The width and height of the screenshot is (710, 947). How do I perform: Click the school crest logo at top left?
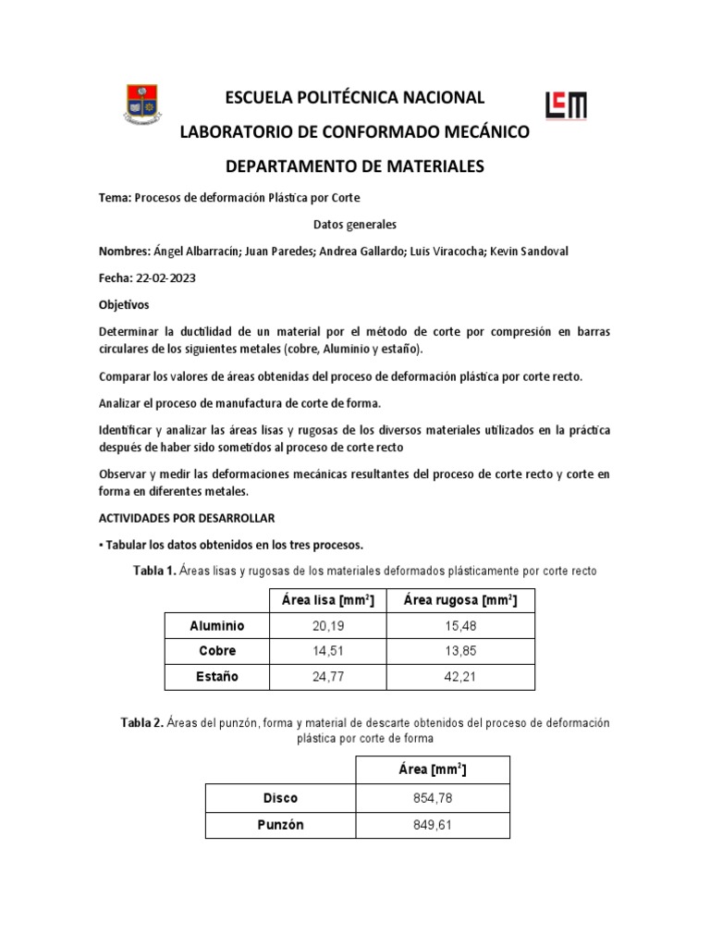coord(141,104)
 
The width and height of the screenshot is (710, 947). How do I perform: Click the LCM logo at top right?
coord(566,105)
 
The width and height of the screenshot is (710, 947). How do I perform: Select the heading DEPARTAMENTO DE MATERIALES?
coord(355,166)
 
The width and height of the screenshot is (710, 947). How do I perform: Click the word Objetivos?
coord(123,304)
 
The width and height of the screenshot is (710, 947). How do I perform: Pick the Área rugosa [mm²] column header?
coord(459,601)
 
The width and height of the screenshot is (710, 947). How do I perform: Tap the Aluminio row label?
coord(216,626)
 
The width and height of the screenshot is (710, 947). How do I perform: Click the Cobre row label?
coord(216,651)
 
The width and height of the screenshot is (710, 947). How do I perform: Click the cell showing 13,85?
coord(459,651)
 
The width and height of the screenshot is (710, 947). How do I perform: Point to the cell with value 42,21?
coord(459,677)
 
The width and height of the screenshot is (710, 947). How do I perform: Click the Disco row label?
coord(280,798)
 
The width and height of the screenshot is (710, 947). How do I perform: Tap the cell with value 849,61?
coord(433,824)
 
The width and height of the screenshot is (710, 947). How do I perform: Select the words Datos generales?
coord(355,225)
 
